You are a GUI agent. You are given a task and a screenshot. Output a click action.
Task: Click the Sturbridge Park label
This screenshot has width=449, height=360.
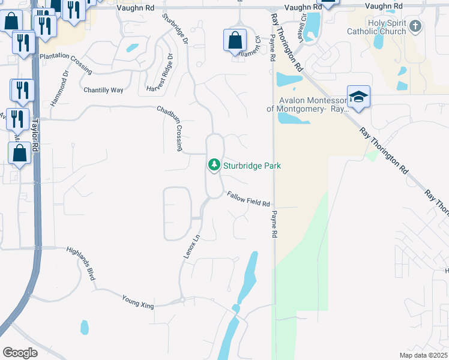(x=253, y=166)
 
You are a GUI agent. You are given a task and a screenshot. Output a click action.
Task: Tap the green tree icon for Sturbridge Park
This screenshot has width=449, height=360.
(x=214, y=164)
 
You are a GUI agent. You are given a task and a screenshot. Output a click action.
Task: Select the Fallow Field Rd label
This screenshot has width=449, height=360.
(x=249, y=199)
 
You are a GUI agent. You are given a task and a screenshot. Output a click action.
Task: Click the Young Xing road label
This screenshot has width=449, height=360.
(x=138, y=301)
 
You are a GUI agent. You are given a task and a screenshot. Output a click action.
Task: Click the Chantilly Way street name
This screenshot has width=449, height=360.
(x=103, y=90)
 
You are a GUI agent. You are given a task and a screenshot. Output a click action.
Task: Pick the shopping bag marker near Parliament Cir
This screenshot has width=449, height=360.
(x=235, y=41)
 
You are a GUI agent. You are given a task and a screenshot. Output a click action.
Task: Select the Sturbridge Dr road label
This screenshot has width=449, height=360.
(x=174, y=29)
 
